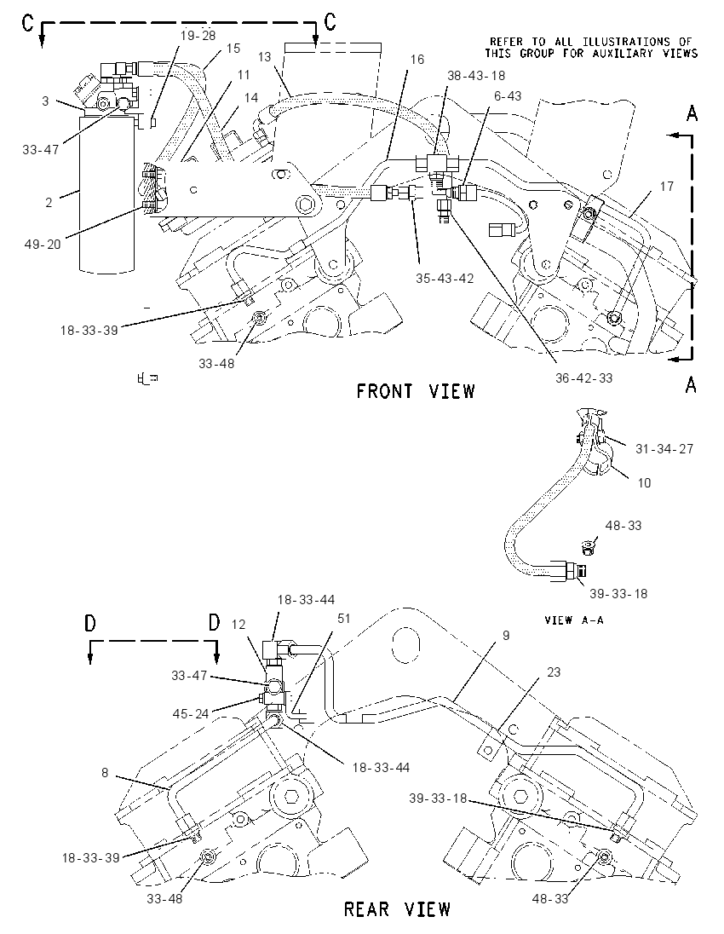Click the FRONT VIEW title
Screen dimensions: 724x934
[x=416, y=391]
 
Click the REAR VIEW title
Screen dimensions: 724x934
[x=397, y=909]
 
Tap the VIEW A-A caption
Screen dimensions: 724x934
[x=574, y=620]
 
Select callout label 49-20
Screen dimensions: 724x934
[x=43, y=244]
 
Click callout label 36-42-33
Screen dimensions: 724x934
[x=584, y=378]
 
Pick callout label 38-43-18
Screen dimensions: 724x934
[x=476, y=76]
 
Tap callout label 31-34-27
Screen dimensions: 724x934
[x=664, y=448]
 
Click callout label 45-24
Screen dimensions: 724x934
[x=191, y=713]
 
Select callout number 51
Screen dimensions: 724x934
[x=344, y=619]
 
